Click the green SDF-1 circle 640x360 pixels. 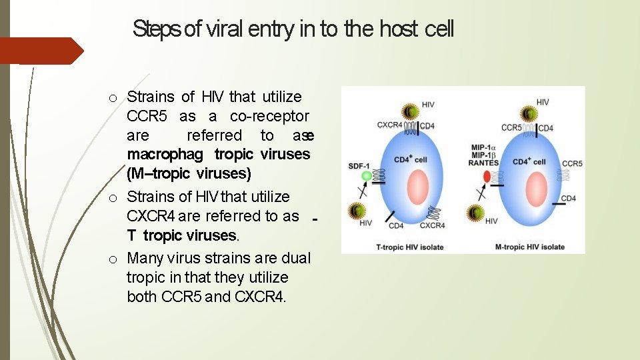click(x=366, y=176)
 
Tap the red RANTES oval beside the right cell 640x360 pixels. click(x=486, y=177)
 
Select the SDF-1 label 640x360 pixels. click(x=359, y=165)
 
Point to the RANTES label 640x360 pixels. click(x=483, y=163)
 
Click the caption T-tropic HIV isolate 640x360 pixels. click(x=410, y=247)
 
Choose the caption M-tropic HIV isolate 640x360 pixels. click(x=530, y=247)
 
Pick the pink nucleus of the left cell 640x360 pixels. click(x=417, y=187)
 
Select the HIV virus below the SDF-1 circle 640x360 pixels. click(x=356, y=212)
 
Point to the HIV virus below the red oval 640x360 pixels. click(x=475, y=213)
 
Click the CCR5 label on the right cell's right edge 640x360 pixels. click(x=571, y=164)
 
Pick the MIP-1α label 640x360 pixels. click(x=483, y=147)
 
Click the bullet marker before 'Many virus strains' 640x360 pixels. click(x=113, y=259)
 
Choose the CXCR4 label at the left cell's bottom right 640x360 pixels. click(x=433, y=225)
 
